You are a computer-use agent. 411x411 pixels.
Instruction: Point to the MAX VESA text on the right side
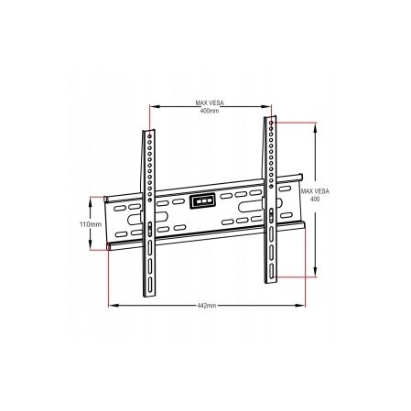[x=314, y=189]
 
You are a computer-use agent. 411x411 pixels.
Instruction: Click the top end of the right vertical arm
[x=271, y=119]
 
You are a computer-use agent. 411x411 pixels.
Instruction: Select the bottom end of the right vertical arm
[x=272, y=275]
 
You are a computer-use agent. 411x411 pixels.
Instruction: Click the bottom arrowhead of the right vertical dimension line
[x=317, y=273]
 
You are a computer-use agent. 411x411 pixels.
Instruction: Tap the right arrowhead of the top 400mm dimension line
[x=269, y=106]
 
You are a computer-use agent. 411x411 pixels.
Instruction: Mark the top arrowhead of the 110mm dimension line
[x=91, y=198]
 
